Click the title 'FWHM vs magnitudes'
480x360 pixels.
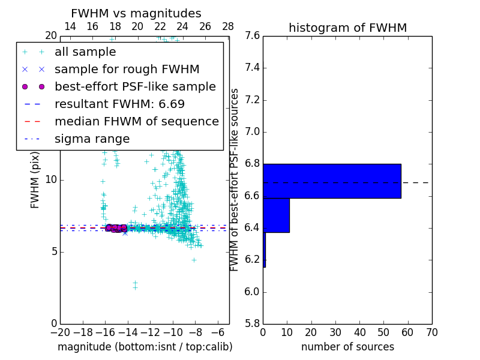136,14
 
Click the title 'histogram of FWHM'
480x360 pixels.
347,28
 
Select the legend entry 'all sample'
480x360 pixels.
85,52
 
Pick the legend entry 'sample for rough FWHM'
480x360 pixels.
127,70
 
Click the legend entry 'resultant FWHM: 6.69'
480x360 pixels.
119,104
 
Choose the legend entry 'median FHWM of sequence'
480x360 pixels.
136,122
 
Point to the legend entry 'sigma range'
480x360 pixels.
92,139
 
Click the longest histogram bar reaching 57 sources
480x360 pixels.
331,181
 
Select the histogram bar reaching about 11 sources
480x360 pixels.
276,215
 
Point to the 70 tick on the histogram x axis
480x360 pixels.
431,332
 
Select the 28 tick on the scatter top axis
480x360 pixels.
228,26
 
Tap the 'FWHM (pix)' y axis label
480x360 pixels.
35,180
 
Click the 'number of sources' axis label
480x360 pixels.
347,347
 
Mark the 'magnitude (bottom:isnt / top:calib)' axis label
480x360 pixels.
145,347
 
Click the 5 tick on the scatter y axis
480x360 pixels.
53,251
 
